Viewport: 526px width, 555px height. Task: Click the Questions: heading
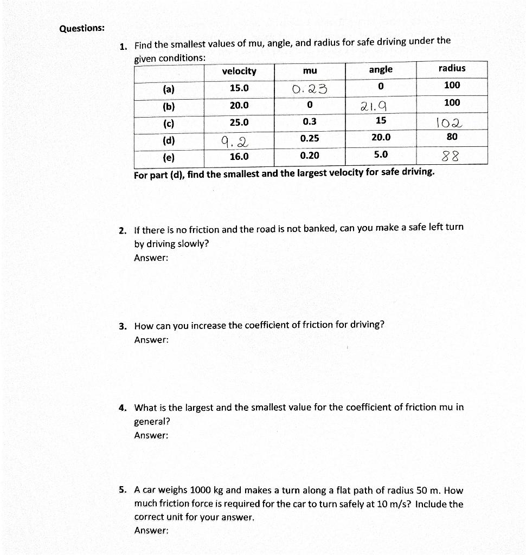click(82, 28)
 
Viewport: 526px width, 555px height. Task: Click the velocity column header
click(239, 72)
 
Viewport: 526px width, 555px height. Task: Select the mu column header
click(310, 71)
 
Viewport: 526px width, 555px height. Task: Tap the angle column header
click(381, 69)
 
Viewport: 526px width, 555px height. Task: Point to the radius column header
click(452, 68)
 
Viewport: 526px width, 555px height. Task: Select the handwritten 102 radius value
click(451, 122)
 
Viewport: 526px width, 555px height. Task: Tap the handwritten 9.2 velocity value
click(234, 142)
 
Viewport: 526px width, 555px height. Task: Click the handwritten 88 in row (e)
click(450, 157)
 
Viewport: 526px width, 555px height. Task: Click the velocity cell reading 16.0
click(239, 157)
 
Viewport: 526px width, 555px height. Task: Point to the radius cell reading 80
click(452, 137)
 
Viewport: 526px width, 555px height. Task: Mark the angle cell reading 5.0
click(381, 155)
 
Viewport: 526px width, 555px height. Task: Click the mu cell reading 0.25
click(310, 139)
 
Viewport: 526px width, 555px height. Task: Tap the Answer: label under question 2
click(151, 258)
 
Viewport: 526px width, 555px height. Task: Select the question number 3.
click(123, 326)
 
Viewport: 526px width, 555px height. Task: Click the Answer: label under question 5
click(151, 531)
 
